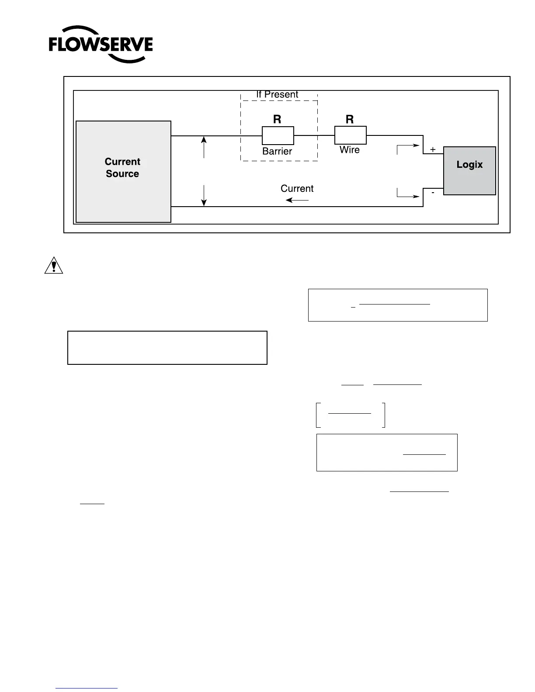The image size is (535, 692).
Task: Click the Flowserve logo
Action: pyautogui.click(x=101, y=45)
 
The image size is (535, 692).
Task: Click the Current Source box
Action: pyautogui.click(x=123, y=171)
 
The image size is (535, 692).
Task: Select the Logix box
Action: pyautogui.click(x=469, y=170)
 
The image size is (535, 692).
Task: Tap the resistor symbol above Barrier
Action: pyautogui.click(x=278, y=135)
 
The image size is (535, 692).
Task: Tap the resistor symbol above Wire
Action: pyautogui.click(x=350, y=135)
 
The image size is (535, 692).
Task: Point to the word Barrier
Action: pyautogui.click(x=277, y=151)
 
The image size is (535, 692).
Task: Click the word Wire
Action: pyautogui.click(x=350, y=150)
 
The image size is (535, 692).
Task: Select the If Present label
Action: pyautogui.click(x=277, y=94)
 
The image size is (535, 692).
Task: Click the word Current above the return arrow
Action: pyautogui.click(x=297, y=188)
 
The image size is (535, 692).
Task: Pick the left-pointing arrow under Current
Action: pyautogui.click(x=297, y=200)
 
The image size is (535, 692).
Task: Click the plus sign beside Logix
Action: pyautogui.click(x=433, y=149)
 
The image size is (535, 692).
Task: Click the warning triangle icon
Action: pyautogui.click(x=54, y=266)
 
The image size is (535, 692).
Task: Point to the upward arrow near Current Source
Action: pyautogui.click(x=204, y=147)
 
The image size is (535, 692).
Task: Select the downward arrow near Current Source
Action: pyautogui.click(x=204, y=195)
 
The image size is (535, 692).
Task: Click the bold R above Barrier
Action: pyautogui.click(x=277, y=119)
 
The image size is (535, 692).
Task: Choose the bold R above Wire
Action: pyautogui.click(x=350, y=119)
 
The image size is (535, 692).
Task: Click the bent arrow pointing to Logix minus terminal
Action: pyautogui.click(x=407, y=194)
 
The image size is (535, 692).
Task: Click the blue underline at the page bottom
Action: pyautogui.click(x=87, y=688)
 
